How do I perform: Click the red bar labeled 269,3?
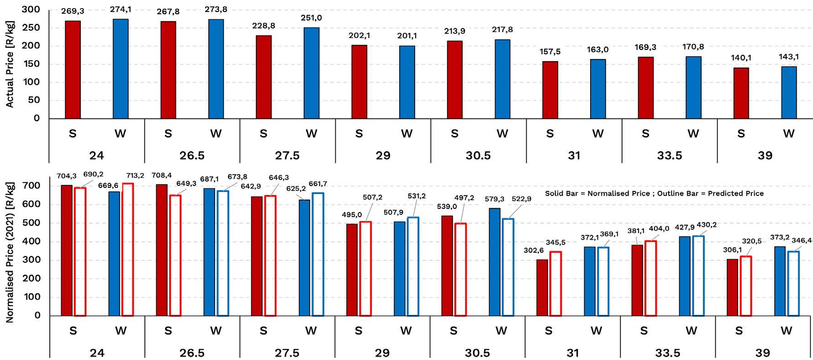[73, 69]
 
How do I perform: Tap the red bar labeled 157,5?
[550, 90]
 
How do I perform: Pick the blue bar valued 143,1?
[789, 92]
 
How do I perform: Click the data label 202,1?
[359, 36]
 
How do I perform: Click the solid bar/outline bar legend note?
[654, 193]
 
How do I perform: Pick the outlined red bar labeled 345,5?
[555, 284]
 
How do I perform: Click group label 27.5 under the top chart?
[287, 155]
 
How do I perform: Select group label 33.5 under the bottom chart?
[668, 353]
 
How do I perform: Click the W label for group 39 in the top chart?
[789, 133]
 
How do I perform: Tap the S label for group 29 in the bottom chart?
[358, 331]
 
